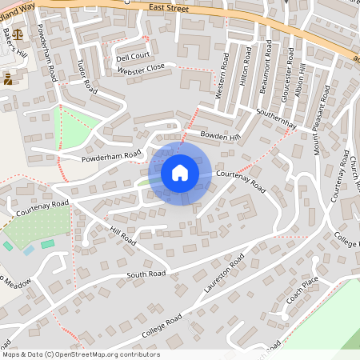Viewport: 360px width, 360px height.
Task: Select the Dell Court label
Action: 133,58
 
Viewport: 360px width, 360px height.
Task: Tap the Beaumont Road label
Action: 267,68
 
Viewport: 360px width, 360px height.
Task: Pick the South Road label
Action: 146,274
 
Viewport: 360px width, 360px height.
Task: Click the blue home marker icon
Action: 180,173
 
